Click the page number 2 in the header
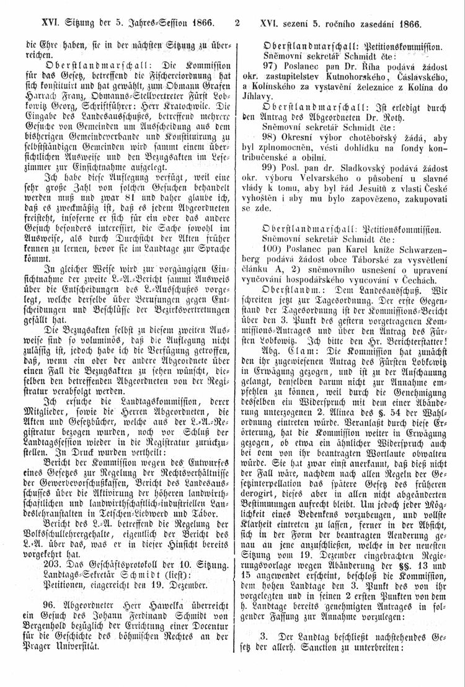click(x=237, y=24)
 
